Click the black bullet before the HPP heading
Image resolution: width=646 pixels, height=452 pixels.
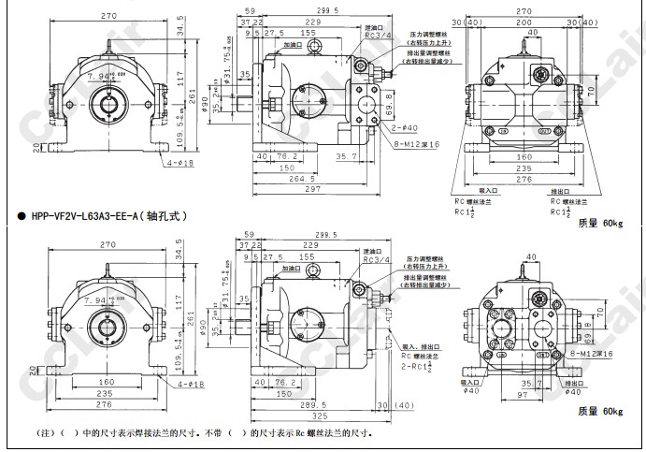pyautogui.click(x=22, y=215)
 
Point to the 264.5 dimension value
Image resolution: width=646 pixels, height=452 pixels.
pyautogui.click(x=296, y=179)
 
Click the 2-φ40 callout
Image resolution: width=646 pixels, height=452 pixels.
pyautogui.click(x=404, y=128)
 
